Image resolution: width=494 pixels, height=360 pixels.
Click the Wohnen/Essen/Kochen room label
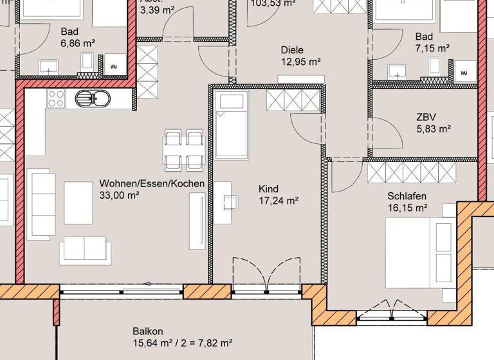point(152,184)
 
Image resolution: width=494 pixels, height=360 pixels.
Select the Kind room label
point(268,189)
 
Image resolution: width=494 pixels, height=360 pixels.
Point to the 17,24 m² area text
point(278,201)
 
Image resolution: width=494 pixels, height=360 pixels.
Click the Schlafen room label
point(407,196)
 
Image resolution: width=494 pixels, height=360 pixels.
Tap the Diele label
point(291,50)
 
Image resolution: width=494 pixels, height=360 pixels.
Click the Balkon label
point(147,330)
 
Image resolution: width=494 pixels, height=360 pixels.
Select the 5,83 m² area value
point(434,128)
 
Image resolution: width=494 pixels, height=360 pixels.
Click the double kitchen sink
point(93,99)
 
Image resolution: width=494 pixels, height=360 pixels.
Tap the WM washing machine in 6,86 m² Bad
point(114,66)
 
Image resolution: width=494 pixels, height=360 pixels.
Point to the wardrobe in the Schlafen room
point(412,172)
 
